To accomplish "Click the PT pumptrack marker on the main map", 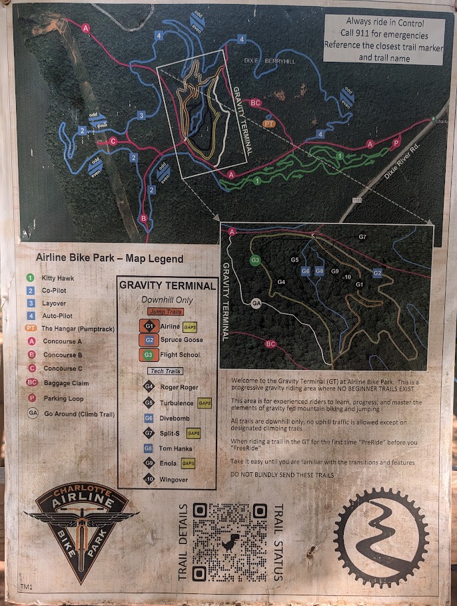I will (x=269, y=123).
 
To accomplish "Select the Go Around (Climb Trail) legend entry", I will (x=79, y=414).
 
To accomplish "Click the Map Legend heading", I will (x=109, y=259).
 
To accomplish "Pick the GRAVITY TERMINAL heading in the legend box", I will (x=167, y=286).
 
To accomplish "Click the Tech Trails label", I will (x=165, y=371).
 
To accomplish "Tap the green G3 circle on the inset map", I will (x=255, y=260).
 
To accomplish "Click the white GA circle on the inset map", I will (x=256, y=303).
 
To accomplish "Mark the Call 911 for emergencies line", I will (x=384, y=33).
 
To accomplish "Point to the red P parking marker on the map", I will (x=396, y=142).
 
